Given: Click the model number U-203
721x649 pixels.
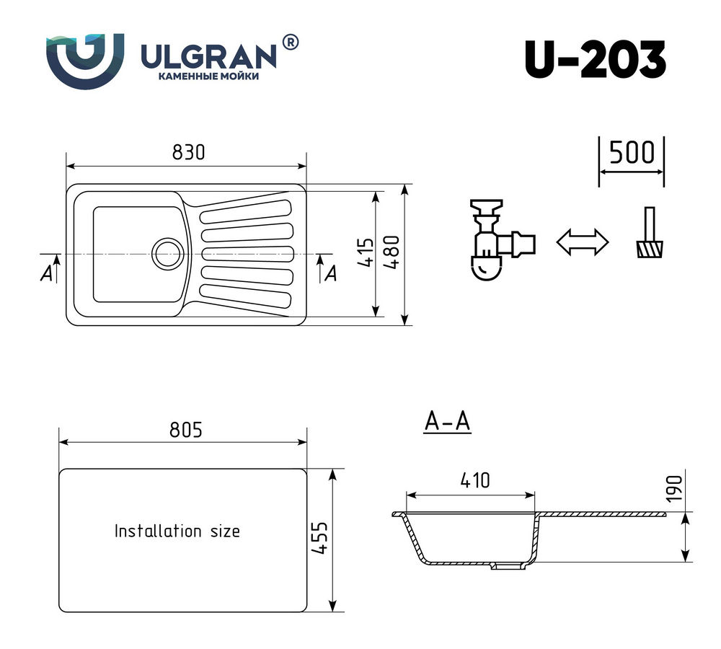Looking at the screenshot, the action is click(596, 60).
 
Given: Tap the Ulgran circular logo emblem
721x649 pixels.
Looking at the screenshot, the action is click(85, 60).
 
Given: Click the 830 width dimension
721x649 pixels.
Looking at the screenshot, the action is click(188, 152).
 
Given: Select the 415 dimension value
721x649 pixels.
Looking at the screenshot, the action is click(366, 252).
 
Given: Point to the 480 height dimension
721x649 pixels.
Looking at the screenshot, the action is click(392, 252).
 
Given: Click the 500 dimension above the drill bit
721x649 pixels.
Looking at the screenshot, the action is click(632, 153).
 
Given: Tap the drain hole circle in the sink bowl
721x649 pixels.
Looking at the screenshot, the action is click(167, 254).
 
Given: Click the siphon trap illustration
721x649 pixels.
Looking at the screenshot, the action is click(502, 239).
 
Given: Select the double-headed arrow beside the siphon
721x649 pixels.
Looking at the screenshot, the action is click(582, 242).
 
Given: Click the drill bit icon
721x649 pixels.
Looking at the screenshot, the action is click(650, 232).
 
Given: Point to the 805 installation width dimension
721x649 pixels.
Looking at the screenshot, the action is click(186, 430).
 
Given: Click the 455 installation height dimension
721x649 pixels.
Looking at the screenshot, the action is click(322, 538).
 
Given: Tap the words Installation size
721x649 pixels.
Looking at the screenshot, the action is click(177, 531).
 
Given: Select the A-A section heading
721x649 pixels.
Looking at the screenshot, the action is click(448, 421).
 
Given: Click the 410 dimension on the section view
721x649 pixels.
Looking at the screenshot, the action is click(475, 481).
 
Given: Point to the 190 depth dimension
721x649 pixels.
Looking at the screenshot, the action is click(673, 489).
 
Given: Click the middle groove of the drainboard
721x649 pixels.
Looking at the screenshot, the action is click(247, 254).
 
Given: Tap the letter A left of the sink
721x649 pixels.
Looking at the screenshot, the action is click(46, 274).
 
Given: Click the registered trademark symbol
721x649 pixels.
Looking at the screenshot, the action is click(290, 43).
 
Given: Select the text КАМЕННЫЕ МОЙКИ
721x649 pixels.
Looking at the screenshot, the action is click(209, 76).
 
